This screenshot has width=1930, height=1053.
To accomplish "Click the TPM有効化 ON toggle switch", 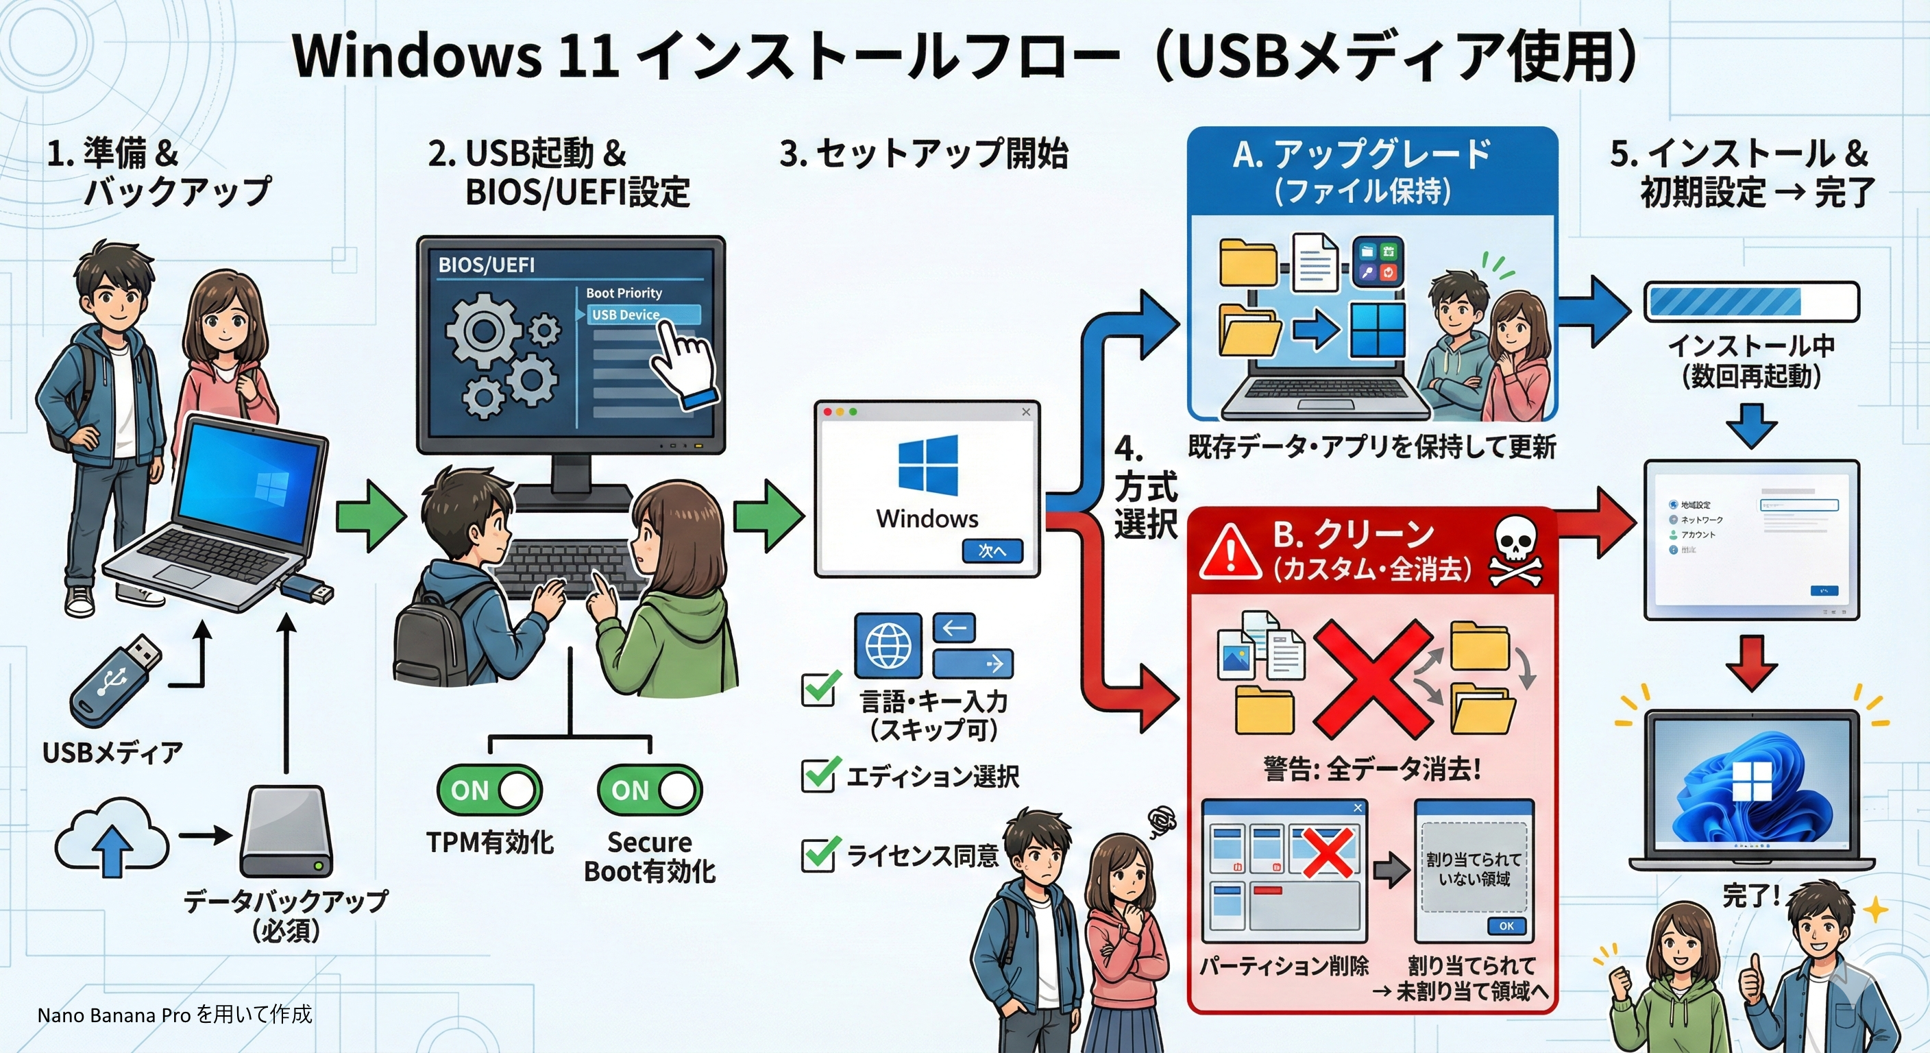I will (x=489, y=789).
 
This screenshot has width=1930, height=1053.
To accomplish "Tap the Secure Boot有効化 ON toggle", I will (x=650, y=789).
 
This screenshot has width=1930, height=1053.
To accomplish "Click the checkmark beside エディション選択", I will (x=818, y=774).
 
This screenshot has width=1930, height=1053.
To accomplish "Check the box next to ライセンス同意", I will (x=818, y=854).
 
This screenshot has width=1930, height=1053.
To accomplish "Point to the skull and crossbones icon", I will (x=1515, y=553).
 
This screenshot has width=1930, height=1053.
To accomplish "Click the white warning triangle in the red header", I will (x=1230, y=553).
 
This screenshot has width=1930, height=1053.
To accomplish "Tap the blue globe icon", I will (x=888, y=645).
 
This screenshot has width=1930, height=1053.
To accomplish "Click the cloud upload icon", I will (x=112, y=838).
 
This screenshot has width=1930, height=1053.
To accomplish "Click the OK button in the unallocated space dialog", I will (x=1506, y=925).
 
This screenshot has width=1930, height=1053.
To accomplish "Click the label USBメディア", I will (x=112, y=752).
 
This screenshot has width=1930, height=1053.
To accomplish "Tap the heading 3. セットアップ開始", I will (x=923, y=154).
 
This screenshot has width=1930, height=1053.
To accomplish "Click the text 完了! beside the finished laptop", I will (x=1750, y=895).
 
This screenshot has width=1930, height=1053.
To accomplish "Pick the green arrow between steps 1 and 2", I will (x=370, y=516).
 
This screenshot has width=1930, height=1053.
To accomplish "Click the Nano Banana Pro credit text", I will (x=175, y=1015).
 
